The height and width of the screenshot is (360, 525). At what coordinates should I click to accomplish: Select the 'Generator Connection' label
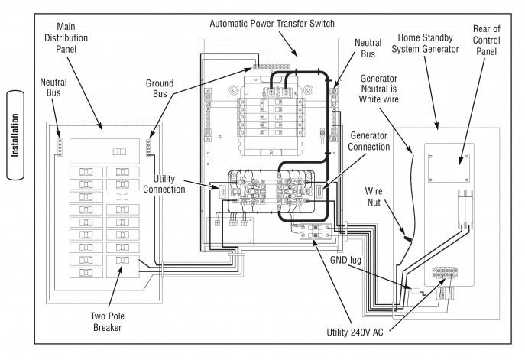[x=369, y=141]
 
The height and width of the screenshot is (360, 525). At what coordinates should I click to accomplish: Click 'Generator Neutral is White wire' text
[x=386, y=91]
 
